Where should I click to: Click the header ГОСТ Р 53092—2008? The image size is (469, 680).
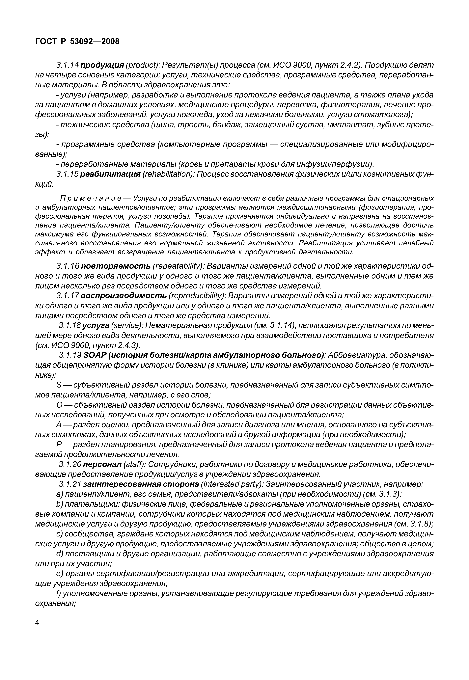pos(77,41)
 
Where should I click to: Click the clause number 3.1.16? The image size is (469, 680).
pos(67,266)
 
